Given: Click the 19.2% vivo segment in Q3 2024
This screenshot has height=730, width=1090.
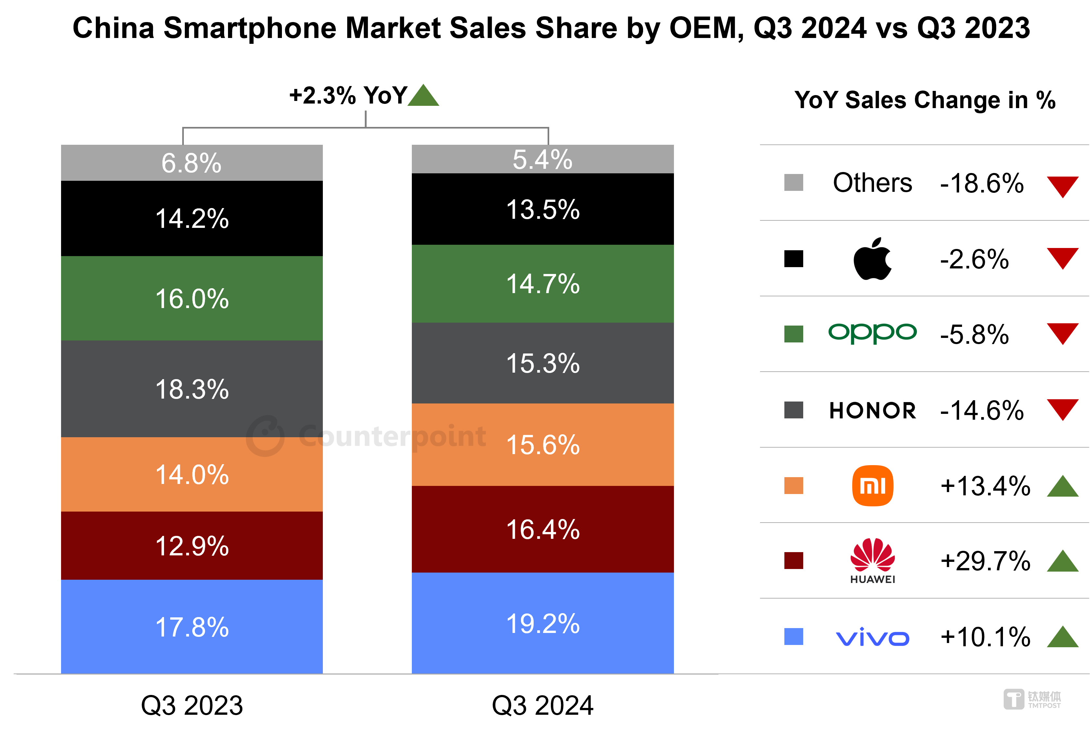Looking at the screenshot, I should (x=543, y=623).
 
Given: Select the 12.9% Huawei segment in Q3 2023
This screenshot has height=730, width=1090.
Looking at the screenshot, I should (x=192, y=546).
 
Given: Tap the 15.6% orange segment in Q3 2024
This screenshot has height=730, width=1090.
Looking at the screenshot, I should (x=543, y=445).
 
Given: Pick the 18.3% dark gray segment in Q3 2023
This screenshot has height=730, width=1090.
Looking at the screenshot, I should (x=192, y=389).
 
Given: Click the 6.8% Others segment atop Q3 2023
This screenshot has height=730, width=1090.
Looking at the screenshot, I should (x=192, y=163).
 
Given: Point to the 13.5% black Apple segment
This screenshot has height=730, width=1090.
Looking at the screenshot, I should (x=543, y=209).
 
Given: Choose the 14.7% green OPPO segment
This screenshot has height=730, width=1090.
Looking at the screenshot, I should (x=543, y=283).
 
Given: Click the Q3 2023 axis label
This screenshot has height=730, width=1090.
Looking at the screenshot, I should (x=192, y=705).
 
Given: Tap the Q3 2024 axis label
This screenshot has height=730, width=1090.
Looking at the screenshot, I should (x=543, y=705).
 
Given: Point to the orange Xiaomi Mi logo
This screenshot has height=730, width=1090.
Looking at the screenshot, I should (x=872, y=486).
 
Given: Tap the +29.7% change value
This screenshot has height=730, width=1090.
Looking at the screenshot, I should (x=985, y=561).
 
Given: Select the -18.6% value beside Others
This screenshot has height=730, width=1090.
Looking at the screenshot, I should (x=982, y=183).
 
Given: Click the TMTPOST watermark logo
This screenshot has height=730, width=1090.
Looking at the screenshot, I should (x=1032, y=699).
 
